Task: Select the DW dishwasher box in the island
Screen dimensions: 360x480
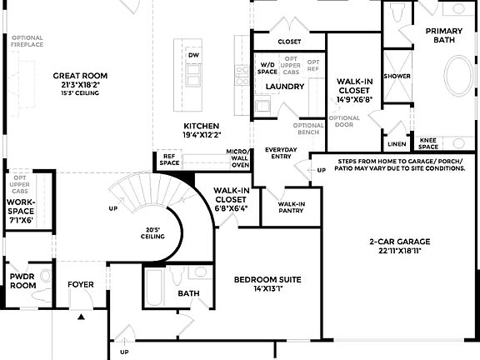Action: click(193, 55)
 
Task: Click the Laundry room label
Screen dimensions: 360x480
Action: click(285, 86)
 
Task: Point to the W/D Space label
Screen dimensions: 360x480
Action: click(267, 67)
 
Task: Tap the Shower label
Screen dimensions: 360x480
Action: click(397, 76)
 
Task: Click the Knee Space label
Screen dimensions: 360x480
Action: click(428, 142)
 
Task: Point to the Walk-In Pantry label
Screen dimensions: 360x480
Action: click(291, 207)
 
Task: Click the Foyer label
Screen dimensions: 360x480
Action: click(82, 285)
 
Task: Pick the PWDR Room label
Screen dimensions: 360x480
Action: click(22, 281)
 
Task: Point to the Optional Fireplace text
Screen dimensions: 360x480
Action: click(27, 42)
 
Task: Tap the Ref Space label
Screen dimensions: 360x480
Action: click(169, 159)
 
